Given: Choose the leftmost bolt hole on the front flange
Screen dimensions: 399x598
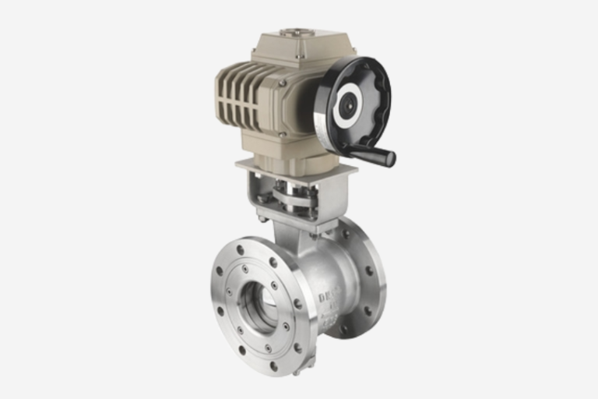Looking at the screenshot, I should coord(221,294).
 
